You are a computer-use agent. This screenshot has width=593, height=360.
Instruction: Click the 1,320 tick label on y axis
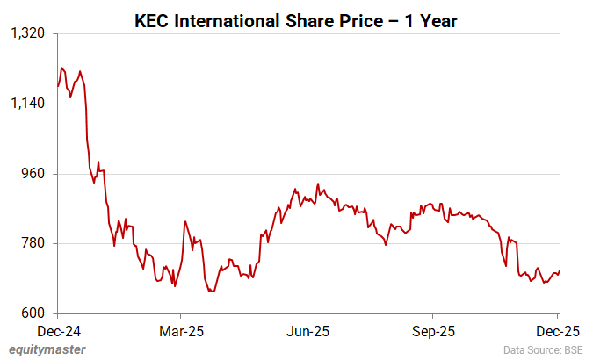26,33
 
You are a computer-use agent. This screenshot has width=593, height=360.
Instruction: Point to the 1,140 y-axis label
26,104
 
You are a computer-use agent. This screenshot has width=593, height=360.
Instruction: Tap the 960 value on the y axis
33,174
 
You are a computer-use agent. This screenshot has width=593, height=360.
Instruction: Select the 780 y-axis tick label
33,243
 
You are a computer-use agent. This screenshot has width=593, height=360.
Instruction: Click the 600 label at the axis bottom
33,313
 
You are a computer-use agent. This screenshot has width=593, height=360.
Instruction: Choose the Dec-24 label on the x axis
58,332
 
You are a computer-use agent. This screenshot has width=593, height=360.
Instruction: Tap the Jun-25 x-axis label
308,332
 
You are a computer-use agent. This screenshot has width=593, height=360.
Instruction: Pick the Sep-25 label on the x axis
433,332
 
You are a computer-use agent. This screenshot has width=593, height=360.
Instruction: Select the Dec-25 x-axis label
558,332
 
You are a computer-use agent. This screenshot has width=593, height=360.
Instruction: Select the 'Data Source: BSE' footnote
543,349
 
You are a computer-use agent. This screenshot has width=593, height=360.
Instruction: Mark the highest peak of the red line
61,68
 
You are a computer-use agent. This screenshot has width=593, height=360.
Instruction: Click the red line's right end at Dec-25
560,270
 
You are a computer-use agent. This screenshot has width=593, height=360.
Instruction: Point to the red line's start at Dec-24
57,86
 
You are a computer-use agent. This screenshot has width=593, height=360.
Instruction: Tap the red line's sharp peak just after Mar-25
185,221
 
